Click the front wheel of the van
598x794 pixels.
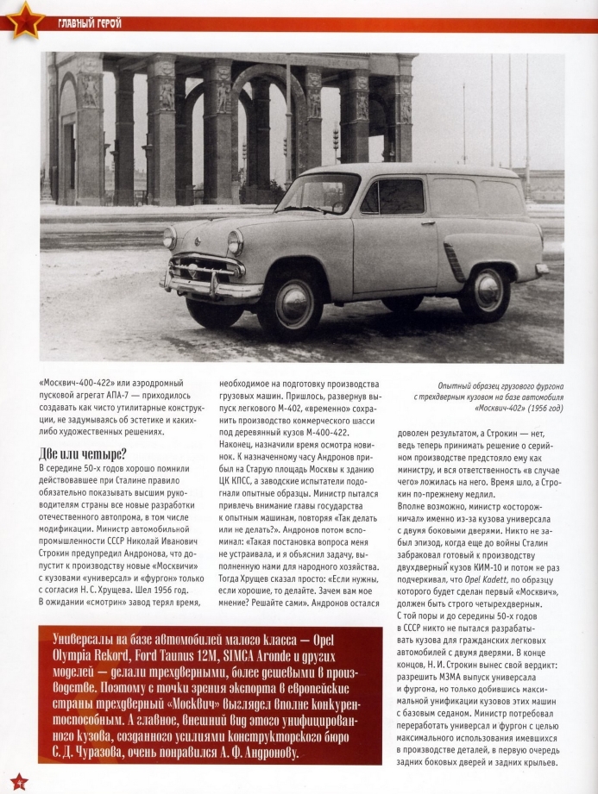pyautogui.click(x=290, y=302)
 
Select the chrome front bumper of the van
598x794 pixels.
pyautogui.click(x=212, y=285)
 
